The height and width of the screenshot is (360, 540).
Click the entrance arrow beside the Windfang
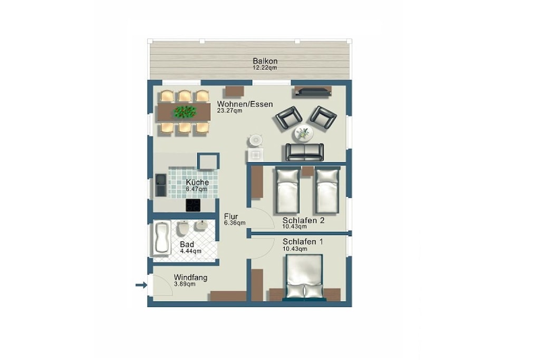[x=141, y=285]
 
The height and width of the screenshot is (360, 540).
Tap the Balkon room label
[x=265, y=61]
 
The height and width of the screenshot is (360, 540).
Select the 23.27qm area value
[x=229, y=111]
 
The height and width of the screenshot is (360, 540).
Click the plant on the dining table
[x=185, y=112]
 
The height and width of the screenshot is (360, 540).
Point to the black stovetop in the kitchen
[x=193, y=206]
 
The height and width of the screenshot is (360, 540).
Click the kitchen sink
[x=160, y=185]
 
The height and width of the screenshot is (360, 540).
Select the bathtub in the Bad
[x=162, y=238]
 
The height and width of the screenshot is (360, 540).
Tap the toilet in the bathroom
[x=182, y=229]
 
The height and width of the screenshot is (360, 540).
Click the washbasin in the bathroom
[x=201, y=226]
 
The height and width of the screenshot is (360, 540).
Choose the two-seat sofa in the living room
[x=305, y=152]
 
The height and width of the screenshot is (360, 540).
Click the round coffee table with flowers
[x=303, y=133]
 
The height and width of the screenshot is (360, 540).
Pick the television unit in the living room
[x=313, y=91]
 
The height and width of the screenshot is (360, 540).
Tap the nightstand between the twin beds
[x=307, y=171]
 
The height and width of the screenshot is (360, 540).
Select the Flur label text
[x=231, y=217]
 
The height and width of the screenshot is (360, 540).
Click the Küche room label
[x=197, y=182]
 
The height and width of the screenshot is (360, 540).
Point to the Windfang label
[x=190, y=277]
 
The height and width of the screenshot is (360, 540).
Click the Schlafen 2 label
[x=303, y=220]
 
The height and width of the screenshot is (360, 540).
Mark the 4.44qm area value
[x=190, y=251]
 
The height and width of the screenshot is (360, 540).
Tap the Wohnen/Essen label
[x=245, y=104]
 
